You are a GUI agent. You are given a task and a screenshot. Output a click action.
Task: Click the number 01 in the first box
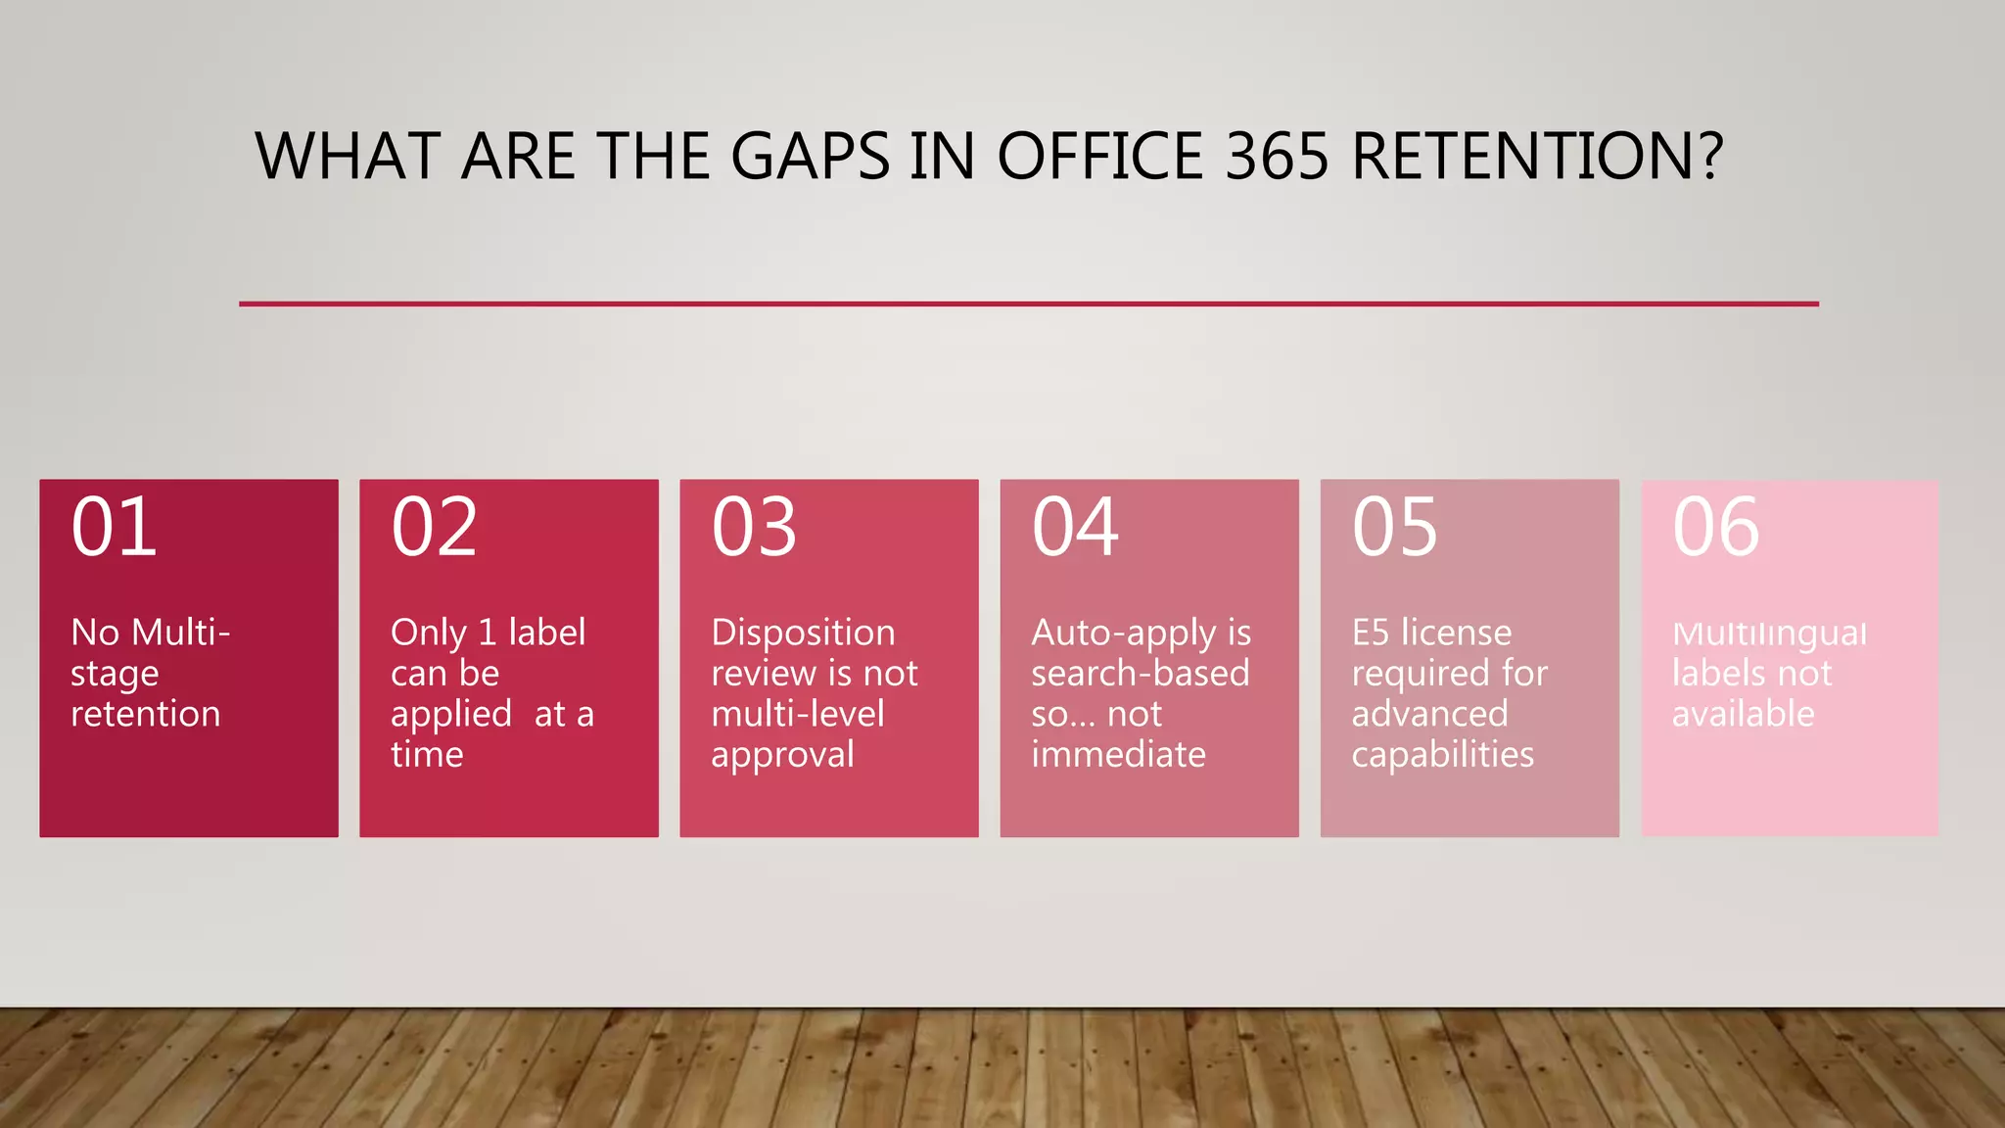tap(114, 528)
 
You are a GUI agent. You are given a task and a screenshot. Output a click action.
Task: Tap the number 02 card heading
tap(434, 528)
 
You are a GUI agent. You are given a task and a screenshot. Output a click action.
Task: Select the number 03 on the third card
tap(754, 528)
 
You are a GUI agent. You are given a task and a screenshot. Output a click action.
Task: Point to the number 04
tap(1075, 528)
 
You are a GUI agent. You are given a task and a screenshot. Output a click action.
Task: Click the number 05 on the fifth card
tap(1395, 528)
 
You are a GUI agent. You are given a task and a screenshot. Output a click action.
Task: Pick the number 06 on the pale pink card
tap(1715, 528)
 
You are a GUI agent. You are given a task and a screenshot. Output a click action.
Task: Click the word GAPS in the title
tap(810, 157)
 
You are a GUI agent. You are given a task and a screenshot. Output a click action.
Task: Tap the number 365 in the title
tap(1277, 157)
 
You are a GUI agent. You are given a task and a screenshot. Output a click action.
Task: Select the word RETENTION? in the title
tap(1537, 157)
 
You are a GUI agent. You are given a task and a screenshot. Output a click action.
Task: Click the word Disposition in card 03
tap(803, 633)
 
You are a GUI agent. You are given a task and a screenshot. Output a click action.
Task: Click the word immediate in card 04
tap(1118, 755)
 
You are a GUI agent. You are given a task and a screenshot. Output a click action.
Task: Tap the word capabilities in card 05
tap(1442, 756)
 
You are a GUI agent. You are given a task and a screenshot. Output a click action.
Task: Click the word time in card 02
tap(427, 755)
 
